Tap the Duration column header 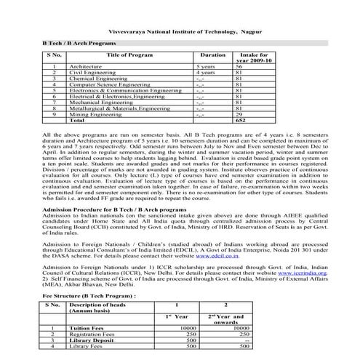pos(212,55)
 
